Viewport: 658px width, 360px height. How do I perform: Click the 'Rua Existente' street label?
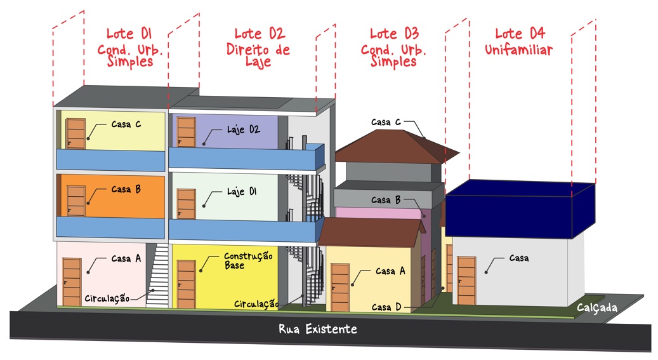pyautogui.click(x=318, y=329)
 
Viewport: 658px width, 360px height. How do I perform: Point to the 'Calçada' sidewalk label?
pyautogui.click(x=597, y=307)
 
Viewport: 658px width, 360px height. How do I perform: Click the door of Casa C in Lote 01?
pyautogui.click(x=76, y=133)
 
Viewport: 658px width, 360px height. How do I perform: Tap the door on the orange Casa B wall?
pyautogui.click(x=76, y=201)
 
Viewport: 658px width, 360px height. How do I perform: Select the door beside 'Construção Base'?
pyautogui.click(x=186, y=284)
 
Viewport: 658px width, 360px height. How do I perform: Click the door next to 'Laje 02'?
pyautogui.click(x=186, y=132)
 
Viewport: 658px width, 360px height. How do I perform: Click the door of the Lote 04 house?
pyautogui.click(x=466, y=280)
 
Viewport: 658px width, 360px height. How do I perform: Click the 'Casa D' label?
pyautogui.click(x=386, y=307)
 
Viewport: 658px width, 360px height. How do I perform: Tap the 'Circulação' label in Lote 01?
pyautogui.click(x=107, y=298)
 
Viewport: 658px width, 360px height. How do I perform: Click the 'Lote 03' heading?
pyautogui.click(x=394, y=33)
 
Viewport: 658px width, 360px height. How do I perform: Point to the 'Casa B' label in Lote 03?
pyautogui.click(x=385, y=200)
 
